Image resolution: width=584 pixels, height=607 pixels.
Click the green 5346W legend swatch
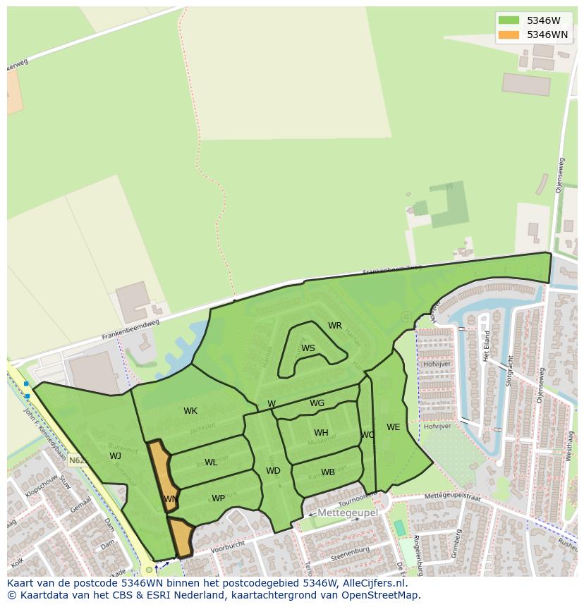(508, 20)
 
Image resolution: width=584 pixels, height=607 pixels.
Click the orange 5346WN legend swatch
(508, 35)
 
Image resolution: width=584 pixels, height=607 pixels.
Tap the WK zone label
(190, 411)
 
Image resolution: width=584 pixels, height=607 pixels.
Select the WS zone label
(308, 348)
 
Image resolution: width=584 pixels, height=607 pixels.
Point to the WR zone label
(335, 326)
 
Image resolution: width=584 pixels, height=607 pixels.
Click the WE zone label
(393, 427)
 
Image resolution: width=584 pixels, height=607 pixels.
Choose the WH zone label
(321, 433)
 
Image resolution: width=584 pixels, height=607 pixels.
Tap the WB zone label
(328, 472)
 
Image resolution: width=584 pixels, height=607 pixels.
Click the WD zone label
(273, 471)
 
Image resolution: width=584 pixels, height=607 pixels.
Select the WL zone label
(211, 462)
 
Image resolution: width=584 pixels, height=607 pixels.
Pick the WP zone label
(219, 498)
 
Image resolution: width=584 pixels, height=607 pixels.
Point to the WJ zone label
(115, 455)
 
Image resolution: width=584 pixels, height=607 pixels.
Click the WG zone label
(317, 403)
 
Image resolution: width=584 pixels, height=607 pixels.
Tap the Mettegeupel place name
(348, 513)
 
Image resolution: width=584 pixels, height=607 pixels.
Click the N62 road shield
(78, 460)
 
